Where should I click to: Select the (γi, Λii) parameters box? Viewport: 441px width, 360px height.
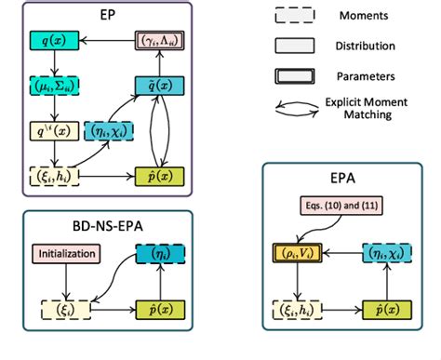(x=159, y=42)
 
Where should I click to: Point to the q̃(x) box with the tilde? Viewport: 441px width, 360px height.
(x=159, y=88)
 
